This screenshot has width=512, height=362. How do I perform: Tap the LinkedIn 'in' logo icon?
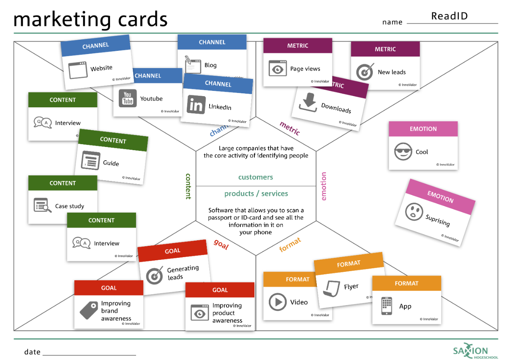tap(196, 105)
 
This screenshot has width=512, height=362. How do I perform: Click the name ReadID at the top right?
tap(449, 16)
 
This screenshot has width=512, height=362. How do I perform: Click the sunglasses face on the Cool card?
tap(403, 152)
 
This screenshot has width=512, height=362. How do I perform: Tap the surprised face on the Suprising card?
tap(414, 211)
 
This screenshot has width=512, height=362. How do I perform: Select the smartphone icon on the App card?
tap(386, 306)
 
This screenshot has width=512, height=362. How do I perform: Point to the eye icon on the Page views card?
tap(278, 68)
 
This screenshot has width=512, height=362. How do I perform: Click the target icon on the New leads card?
tap(365, 72)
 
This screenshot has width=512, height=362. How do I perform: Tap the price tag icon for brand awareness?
tap(89, 310)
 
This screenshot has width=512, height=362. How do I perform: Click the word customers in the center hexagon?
tap(256, 177)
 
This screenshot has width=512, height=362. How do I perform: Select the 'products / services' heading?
tap(256, 194)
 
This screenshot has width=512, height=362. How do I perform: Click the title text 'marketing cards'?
tap(90, 19)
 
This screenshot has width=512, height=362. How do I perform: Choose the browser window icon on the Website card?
tap(77, 70)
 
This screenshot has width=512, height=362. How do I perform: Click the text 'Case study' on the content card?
tap(70, 206)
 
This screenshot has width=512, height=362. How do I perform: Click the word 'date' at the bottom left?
tap(32, 352)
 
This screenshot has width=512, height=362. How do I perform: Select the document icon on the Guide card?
tap(90, 161)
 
